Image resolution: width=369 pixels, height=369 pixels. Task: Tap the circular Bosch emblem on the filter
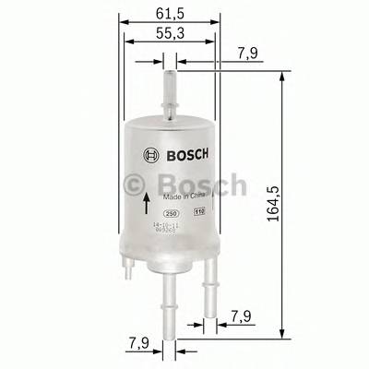coord(150,153)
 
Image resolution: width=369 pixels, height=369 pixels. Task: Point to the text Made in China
coord(181,196)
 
